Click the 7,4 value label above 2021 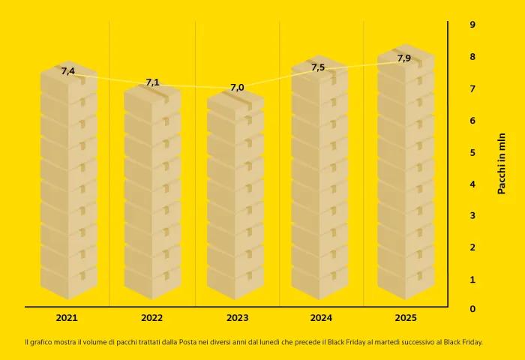67,71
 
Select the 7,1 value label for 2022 152,82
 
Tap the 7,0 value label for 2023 237,88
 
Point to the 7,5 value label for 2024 318,67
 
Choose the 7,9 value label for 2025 403,58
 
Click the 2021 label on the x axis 67,318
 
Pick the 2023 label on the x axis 237,318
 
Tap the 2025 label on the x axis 406,318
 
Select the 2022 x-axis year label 152,318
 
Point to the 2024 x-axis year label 321,318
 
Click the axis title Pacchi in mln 502,163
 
